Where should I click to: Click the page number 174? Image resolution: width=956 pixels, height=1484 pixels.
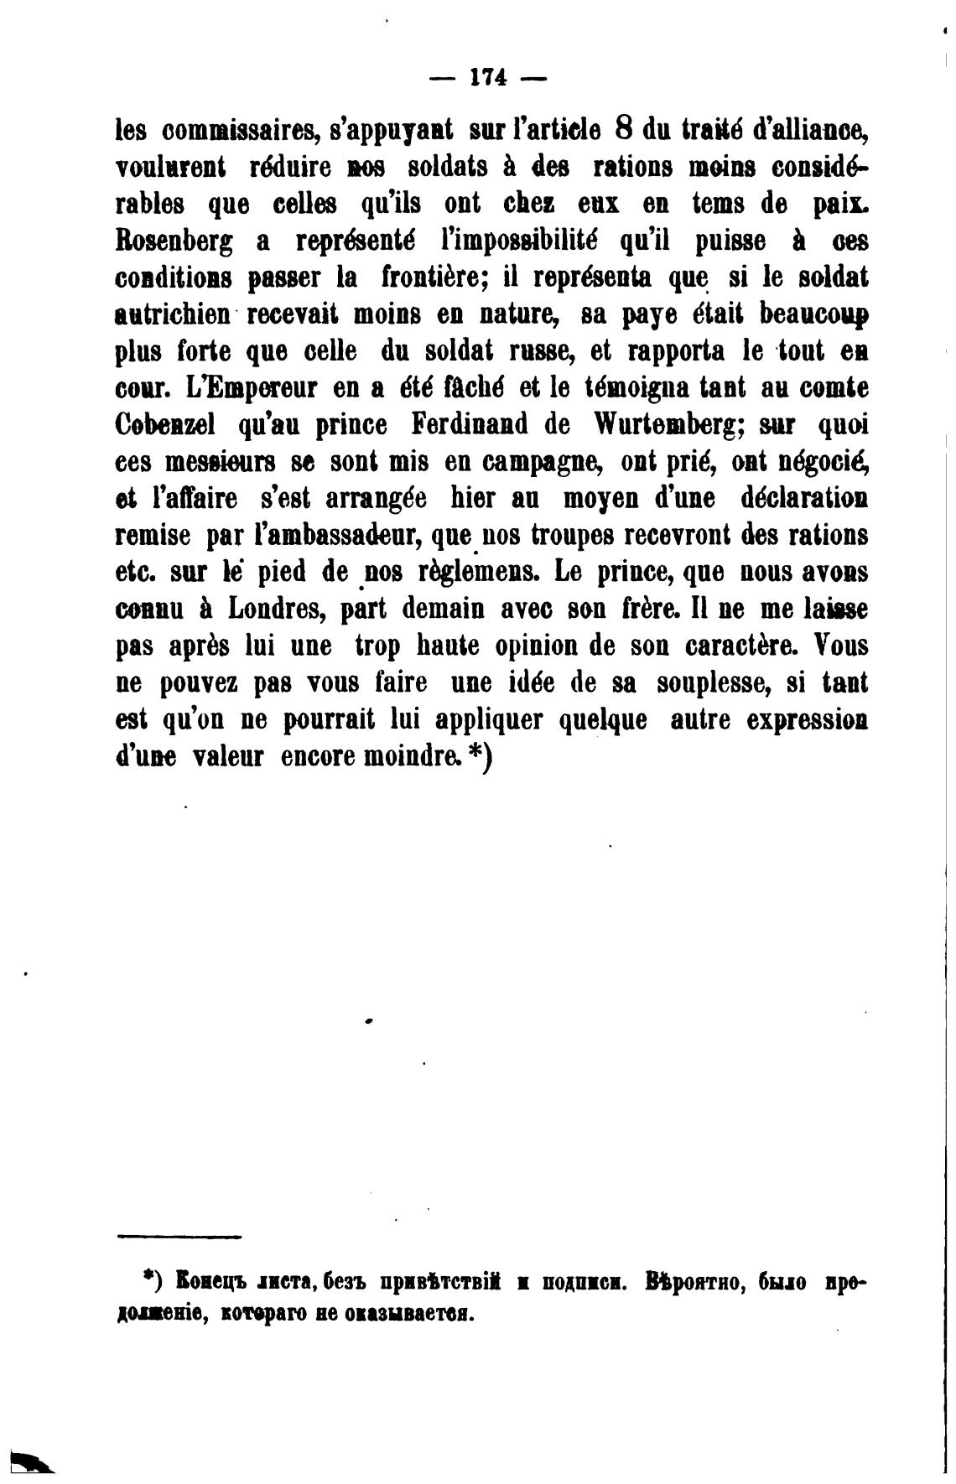point(487,78)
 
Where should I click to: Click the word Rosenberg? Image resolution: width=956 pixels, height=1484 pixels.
point(174,242)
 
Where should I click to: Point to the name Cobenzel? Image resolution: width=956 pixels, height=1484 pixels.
point(164,425)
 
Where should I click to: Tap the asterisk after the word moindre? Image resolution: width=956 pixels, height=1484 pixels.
point(475,754)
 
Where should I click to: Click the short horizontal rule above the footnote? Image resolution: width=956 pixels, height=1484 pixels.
point(179,1237)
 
